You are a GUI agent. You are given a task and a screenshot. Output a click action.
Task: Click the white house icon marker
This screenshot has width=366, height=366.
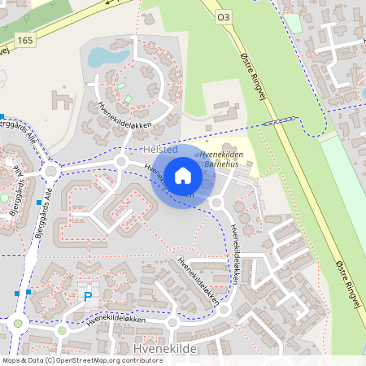click(183, 175)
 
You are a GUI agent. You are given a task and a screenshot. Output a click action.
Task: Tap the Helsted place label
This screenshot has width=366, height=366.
click(159, 151)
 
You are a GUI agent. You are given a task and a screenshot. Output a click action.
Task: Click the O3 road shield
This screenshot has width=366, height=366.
click(223, 15)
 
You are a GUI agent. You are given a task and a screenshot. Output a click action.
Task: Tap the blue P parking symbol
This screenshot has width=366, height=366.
click(88, 298)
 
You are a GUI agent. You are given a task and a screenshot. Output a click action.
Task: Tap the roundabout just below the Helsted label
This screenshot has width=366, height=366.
click(122, 162)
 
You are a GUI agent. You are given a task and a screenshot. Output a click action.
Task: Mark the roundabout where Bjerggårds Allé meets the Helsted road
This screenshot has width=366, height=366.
click(50, 171)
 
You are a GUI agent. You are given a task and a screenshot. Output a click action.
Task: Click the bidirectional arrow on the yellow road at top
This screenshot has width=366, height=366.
click(109, 2)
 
